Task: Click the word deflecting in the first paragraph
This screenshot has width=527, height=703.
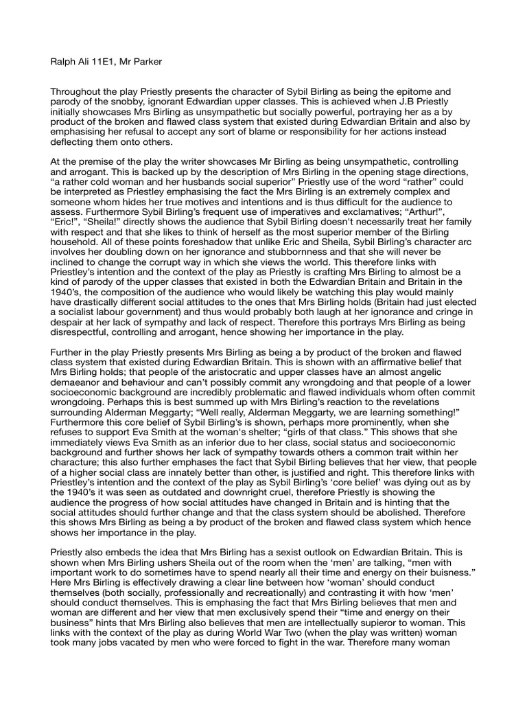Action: coord(76,142)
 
